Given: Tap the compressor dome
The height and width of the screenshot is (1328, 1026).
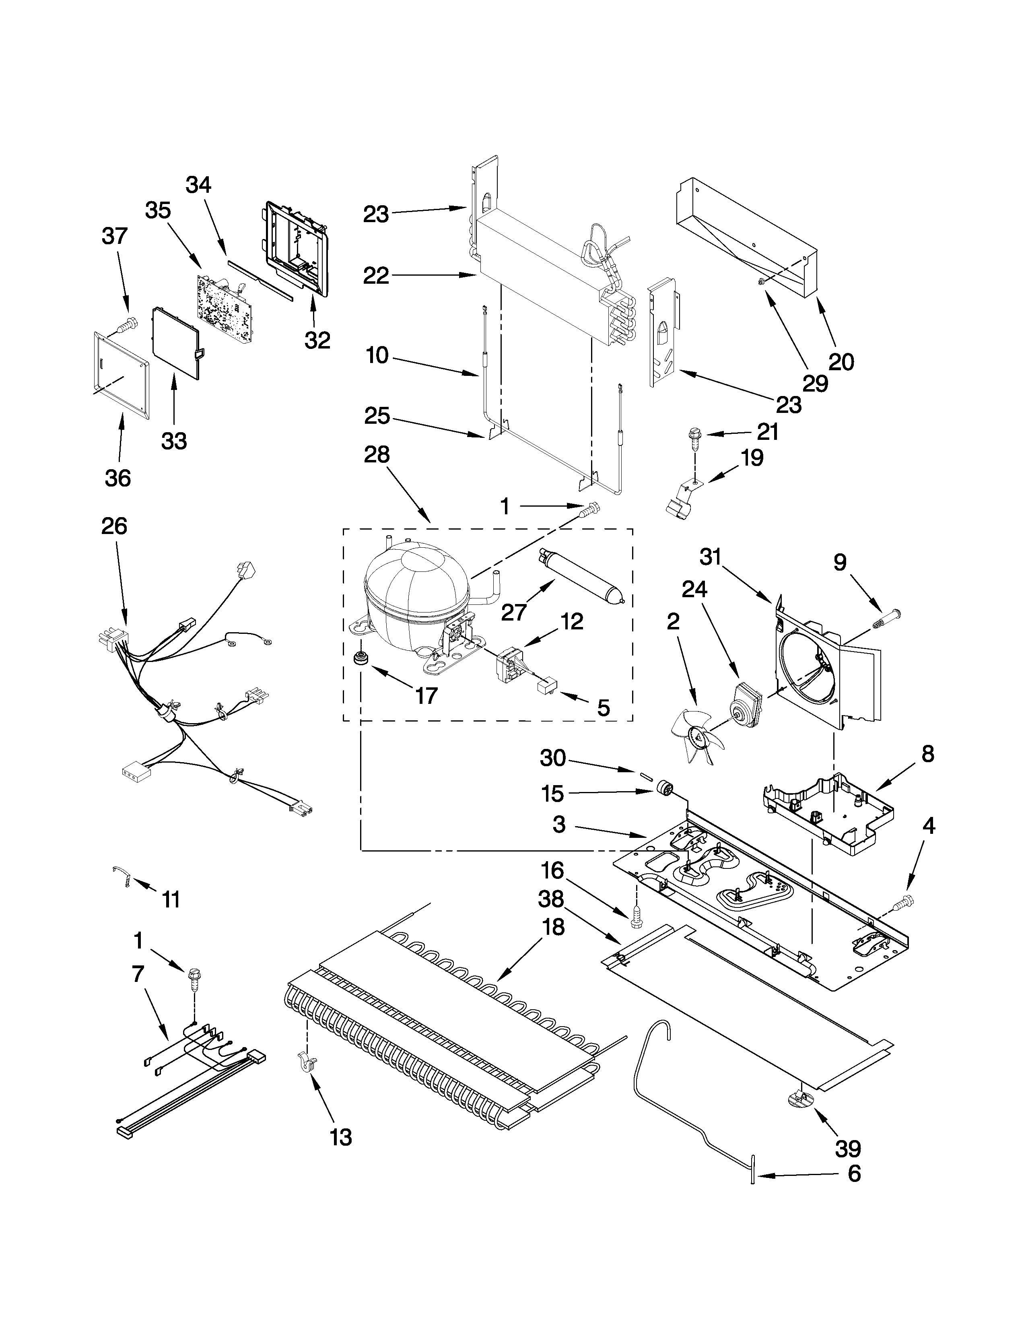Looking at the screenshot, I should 416,584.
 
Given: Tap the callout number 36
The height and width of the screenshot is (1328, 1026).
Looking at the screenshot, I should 117,478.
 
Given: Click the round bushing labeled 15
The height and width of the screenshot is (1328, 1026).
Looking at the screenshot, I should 664,790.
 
